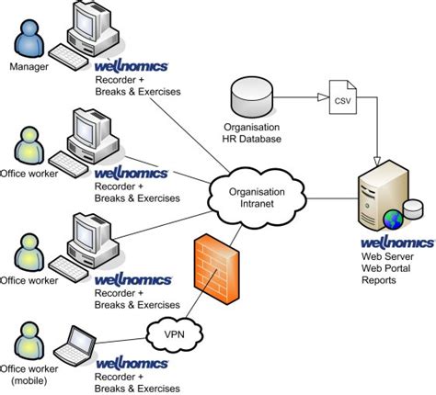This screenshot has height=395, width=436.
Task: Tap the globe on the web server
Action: coord(392,220)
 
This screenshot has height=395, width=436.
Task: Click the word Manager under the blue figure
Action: coord(29,67)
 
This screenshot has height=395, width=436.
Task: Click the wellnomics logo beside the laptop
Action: coord(132,364)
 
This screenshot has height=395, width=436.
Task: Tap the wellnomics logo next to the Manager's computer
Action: coord(132,67)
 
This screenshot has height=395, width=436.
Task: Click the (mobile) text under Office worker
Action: coord(29,380)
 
